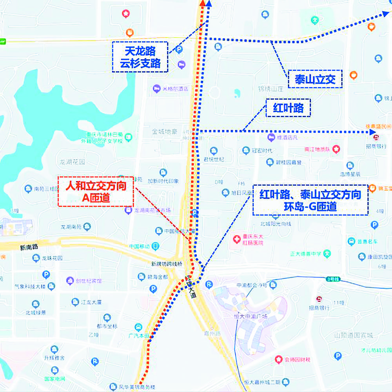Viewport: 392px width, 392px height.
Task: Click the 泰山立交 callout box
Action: pyautogui.click(x=315, y=79)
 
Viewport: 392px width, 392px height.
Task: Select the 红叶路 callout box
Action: pyautogui.click(x=288, y=108)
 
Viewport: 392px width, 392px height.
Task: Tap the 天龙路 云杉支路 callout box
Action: pyautogui.click(x=140, y=57)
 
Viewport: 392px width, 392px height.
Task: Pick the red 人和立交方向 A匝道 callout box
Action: pyautogui.click(x=96, y=192)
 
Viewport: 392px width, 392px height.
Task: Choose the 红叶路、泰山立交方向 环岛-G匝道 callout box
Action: pyautogui.click(x=310, y=200)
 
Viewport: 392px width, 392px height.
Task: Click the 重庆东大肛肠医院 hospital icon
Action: pyautogui.click(x=236, y=239)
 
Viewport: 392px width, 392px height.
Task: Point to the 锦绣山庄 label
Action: pyautogui.click(x=271, y=89)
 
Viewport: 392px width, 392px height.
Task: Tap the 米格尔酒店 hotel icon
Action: pyautogui.click(x=156, y=89)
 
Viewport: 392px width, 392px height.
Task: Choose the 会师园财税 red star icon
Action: pyautogui.click(x=278, y=359)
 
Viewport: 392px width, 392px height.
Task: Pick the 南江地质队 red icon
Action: pyautogui.click(x=336, y=149)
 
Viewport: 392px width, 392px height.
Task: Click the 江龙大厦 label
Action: pyautogui.click(x=92, y=302)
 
